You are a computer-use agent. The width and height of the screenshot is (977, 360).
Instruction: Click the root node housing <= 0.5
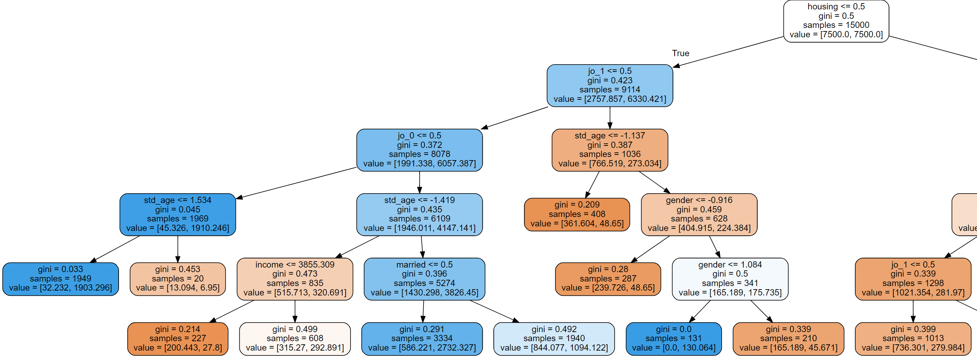click(x=836, y=21)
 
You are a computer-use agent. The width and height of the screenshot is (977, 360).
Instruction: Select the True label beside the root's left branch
click(x=681, y=53)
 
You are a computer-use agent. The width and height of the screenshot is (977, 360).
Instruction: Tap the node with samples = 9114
click(x=609, y=85)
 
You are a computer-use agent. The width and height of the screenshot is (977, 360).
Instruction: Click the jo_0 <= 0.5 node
click(x=419, y=150)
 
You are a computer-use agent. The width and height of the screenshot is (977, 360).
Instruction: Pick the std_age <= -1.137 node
click(x=609, y=150)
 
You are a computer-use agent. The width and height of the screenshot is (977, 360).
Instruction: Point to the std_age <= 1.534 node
click(x=178, y=214)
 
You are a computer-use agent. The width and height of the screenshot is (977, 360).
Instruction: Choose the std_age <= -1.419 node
click(x=419, y=214)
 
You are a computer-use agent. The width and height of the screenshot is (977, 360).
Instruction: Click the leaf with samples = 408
click(x=577, y=214)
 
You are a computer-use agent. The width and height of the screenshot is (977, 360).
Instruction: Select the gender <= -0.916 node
click(x=699, y=214)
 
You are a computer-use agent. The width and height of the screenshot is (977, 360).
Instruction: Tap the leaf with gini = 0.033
click(x=60, y=279)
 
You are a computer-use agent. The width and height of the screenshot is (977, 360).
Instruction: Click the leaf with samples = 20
click(x=178, y=279)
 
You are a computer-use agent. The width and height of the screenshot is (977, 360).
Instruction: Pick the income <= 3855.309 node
click(x=295, y=279)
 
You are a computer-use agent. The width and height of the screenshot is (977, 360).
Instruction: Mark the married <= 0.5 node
click(x=424, y=279)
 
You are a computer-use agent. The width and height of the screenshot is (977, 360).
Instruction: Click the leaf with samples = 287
click(x=608, y=279)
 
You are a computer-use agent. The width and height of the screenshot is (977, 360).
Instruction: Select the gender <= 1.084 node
click(x=730, y=279)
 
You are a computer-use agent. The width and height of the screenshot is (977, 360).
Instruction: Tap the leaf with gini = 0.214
click(x=178, y=339)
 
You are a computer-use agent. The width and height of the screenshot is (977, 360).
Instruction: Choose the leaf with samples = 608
click(x=295, y=339)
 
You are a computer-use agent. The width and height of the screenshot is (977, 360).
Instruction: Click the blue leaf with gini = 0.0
click(x=673, y=339)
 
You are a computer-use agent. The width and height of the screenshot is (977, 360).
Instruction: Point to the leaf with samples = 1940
click(x=554, y=339)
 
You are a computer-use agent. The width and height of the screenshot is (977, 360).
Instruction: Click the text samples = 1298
click(x=913, y=283)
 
